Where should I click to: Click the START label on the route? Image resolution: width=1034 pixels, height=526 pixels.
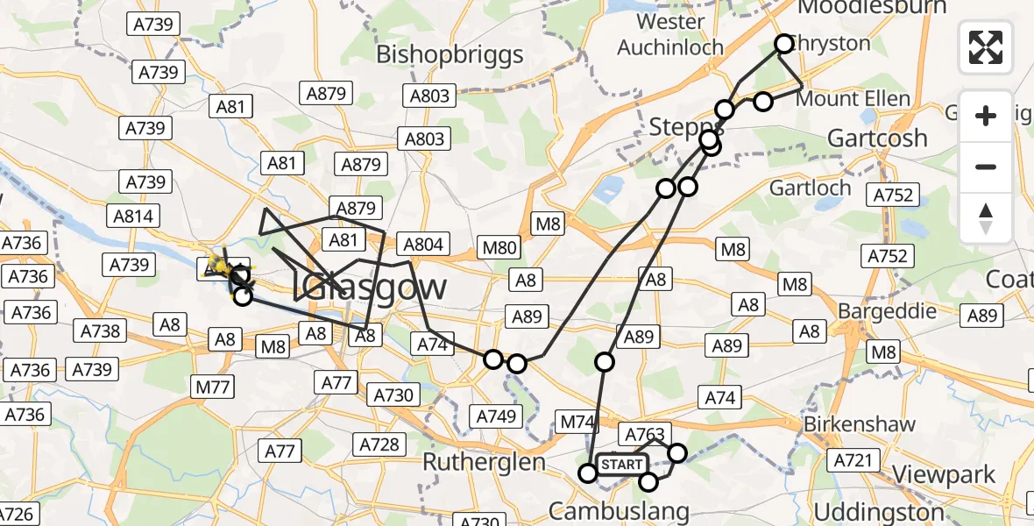[x=622, y=464]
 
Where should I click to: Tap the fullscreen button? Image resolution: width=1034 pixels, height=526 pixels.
[x=986, y=47]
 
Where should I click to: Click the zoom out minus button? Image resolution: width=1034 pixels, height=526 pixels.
[x=986, y=167]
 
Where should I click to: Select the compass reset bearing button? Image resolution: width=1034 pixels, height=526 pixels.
[x=986, y=218]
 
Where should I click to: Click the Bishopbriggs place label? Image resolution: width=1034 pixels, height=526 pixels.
[x=450, y=54]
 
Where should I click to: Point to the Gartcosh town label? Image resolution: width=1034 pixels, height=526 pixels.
[x=877, y=138]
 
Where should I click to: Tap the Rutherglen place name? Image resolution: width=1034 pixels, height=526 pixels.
[x=484, y=461]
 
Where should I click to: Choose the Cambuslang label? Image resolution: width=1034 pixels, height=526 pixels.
[x=619, y=510]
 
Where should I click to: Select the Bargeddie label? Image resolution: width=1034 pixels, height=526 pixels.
[x=887, y=311]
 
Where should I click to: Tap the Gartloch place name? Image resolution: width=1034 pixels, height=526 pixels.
[x=810, y=188]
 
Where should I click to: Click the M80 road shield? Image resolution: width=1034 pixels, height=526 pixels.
[x=499, y=248]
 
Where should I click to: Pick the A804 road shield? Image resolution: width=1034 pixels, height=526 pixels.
[x=423, y=244]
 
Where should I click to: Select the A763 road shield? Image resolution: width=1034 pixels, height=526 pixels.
[x=645, y=433]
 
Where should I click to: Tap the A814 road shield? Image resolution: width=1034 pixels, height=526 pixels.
[x=133, y=217]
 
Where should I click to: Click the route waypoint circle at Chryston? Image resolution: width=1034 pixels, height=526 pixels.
[x=783, y=43]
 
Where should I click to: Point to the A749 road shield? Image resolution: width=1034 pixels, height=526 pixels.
[x=494, y=416]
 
